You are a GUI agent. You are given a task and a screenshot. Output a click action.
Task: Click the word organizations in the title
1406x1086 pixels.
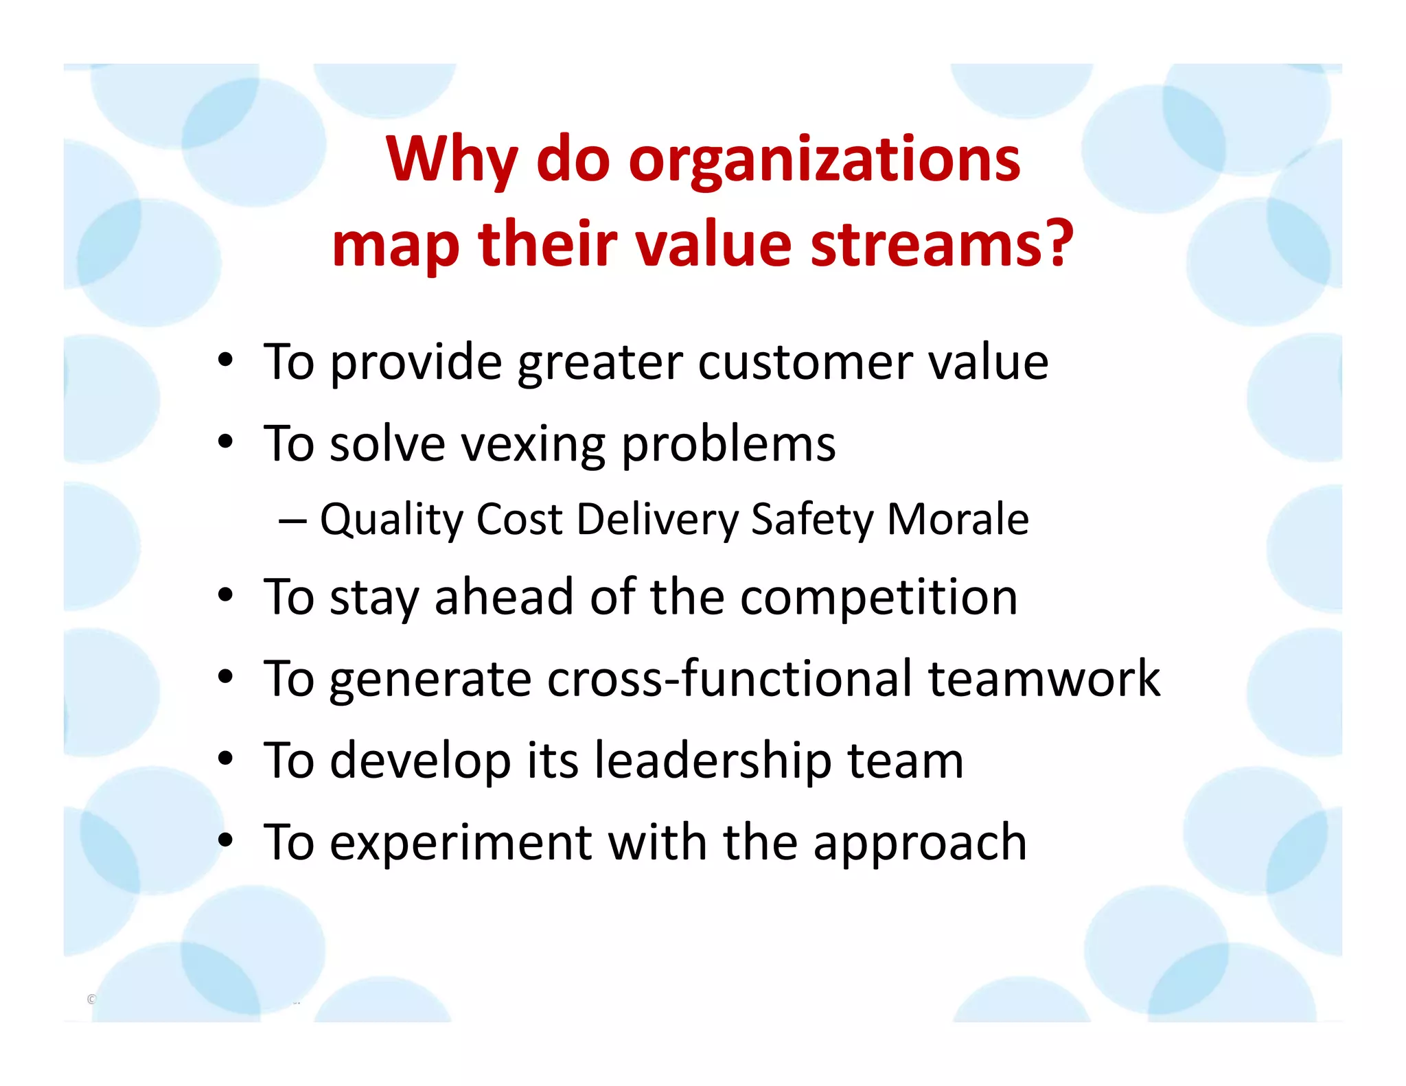(x=824, y=160)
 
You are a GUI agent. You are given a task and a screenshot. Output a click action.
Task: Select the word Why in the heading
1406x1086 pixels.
(x=451, y=160)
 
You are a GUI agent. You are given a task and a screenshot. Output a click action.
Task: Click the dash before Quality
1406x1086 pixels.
(x=292, y=521)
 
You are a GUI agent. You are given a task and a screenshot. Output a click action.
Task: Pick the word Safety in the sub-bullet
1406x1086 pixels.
(x=811, y=520)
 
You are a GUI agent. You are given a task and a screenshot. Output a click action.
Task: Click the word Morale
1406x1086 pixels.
(x=958, y=520)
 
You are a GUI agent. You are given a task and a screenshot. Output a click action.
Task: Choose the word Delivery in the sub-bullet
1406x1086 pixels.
(x=657, y=520)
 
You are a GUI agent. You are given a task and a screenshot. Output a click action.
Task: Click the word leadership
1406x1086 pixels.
(x=713, y=761)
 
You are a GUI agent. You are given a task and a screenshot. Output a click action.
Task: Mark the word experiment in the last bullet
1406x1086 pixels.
(x=460, y=844)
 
